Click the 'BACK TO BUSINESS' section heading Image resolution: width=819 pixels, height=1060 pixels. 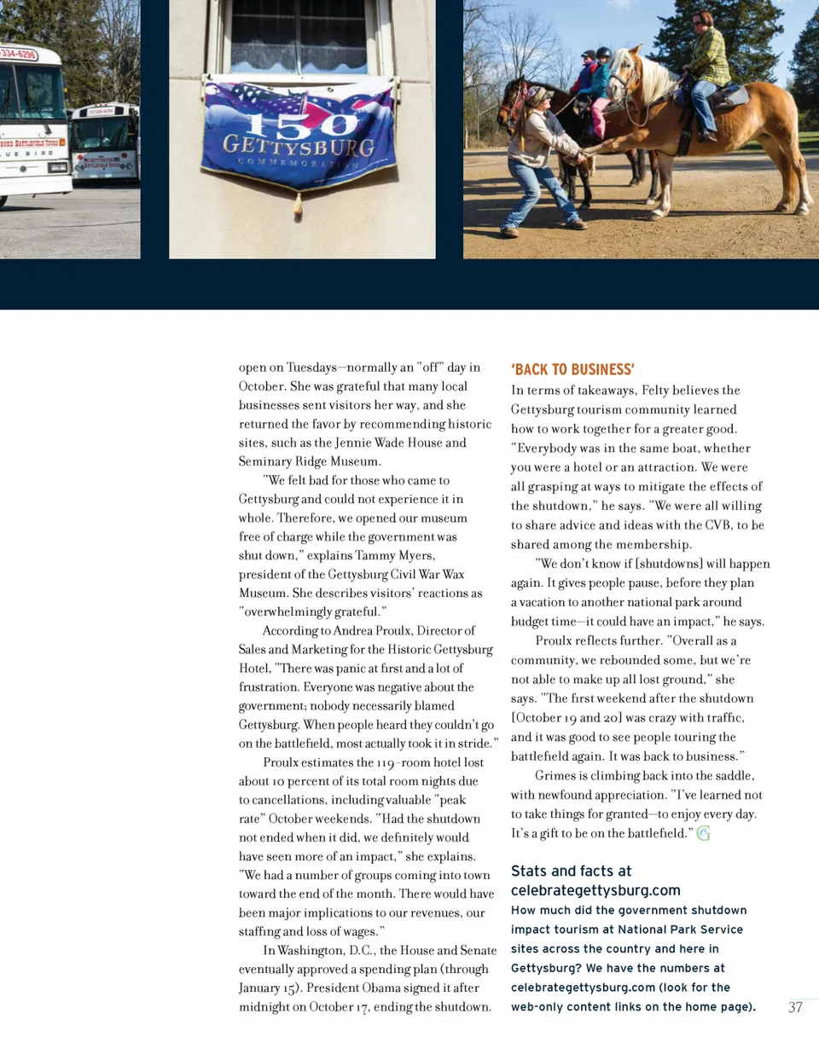572,369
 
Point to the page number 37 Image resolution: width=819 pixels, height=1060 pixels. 795,1007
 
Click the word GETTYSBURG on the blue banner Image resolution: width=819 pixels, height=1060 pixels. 299,146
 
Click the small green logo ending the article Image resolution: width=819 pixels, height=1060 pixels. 703,833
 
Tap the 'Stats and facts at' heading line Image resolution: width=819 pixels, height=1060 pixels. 571,871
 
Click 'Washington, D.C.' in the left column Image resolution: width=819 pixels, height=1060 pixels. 324,950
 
